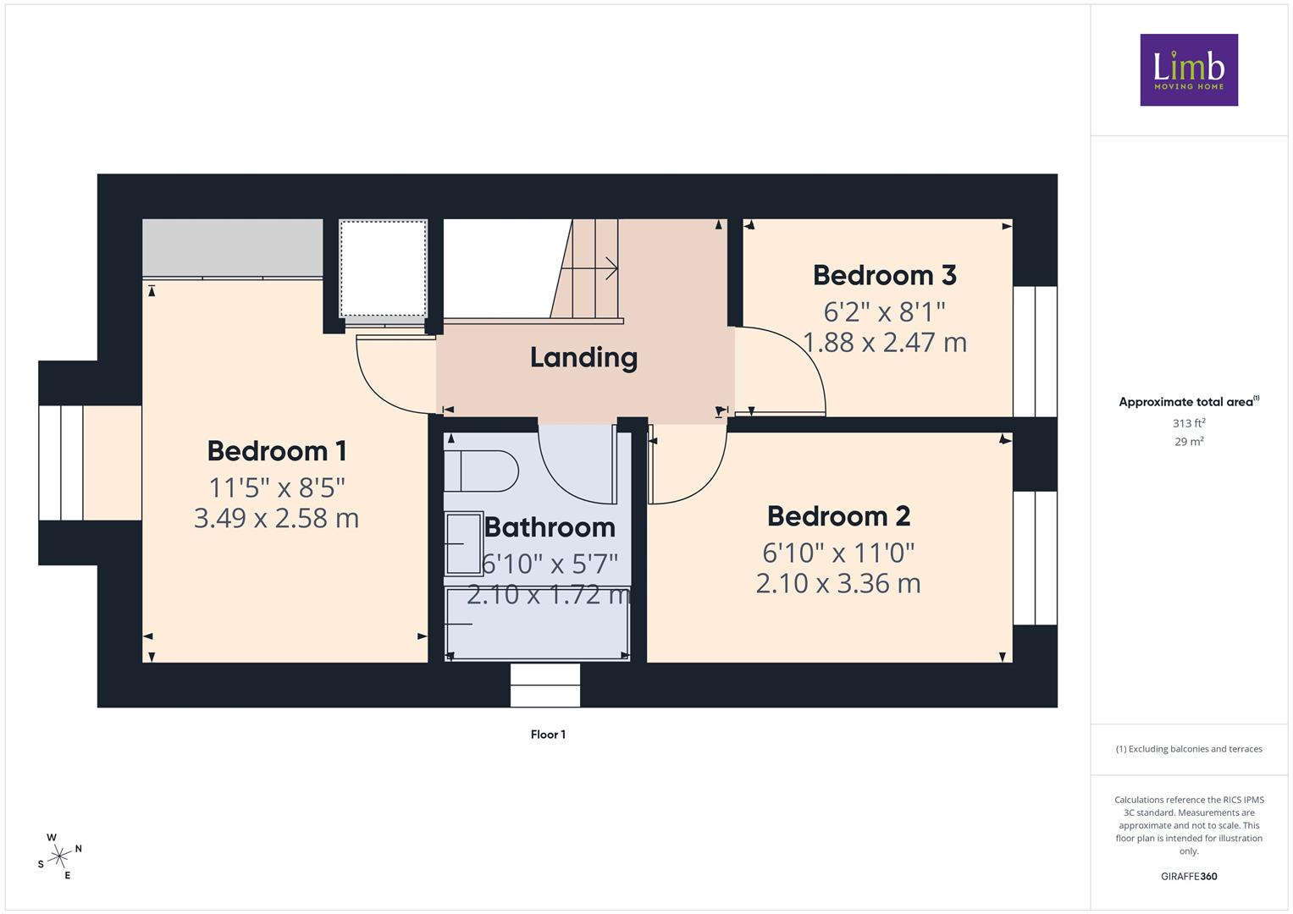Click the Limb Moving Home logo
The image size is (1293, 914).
(x=1189, y=69)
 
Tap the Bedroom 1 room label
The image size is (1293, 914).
(x=277, y=451)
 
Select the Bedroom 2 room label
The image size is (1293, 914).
(x=839, y=516)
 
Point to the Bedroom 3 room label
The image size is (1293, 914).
(x=885, y=275)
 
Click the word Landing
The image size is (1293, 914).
(x=583, y=358)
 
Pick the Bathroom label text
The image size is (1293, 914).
(x=550, y=527)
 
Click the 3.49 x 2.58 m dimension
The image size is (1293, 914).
(x=277, y=518)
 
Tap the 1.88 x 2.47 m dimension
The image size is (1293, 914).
(x=885, y=343)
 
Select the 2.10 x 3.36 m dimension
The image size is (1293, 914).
(x=839, y=583)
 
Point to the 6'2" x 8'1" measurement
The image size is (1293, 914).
(x=884, y=312)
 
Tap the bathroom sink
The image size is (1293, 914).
(x=464, y=544)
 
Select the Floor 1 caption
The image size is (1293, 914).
(x=549, y=735)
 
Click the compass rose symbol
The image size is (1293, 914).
(x=59, y=856)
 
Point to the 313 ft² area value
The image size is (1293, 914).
(x=1189, y=423)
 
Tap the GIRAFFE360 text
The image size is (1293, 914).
(x=1189, y=876)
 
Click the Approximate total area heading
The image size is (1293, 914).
(x=1189, y=402)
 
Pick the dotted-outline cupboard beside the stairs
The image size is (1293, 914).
(x=384, y=268)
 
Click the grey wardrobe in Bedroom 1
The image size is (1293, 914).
(x=233, y=247)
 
